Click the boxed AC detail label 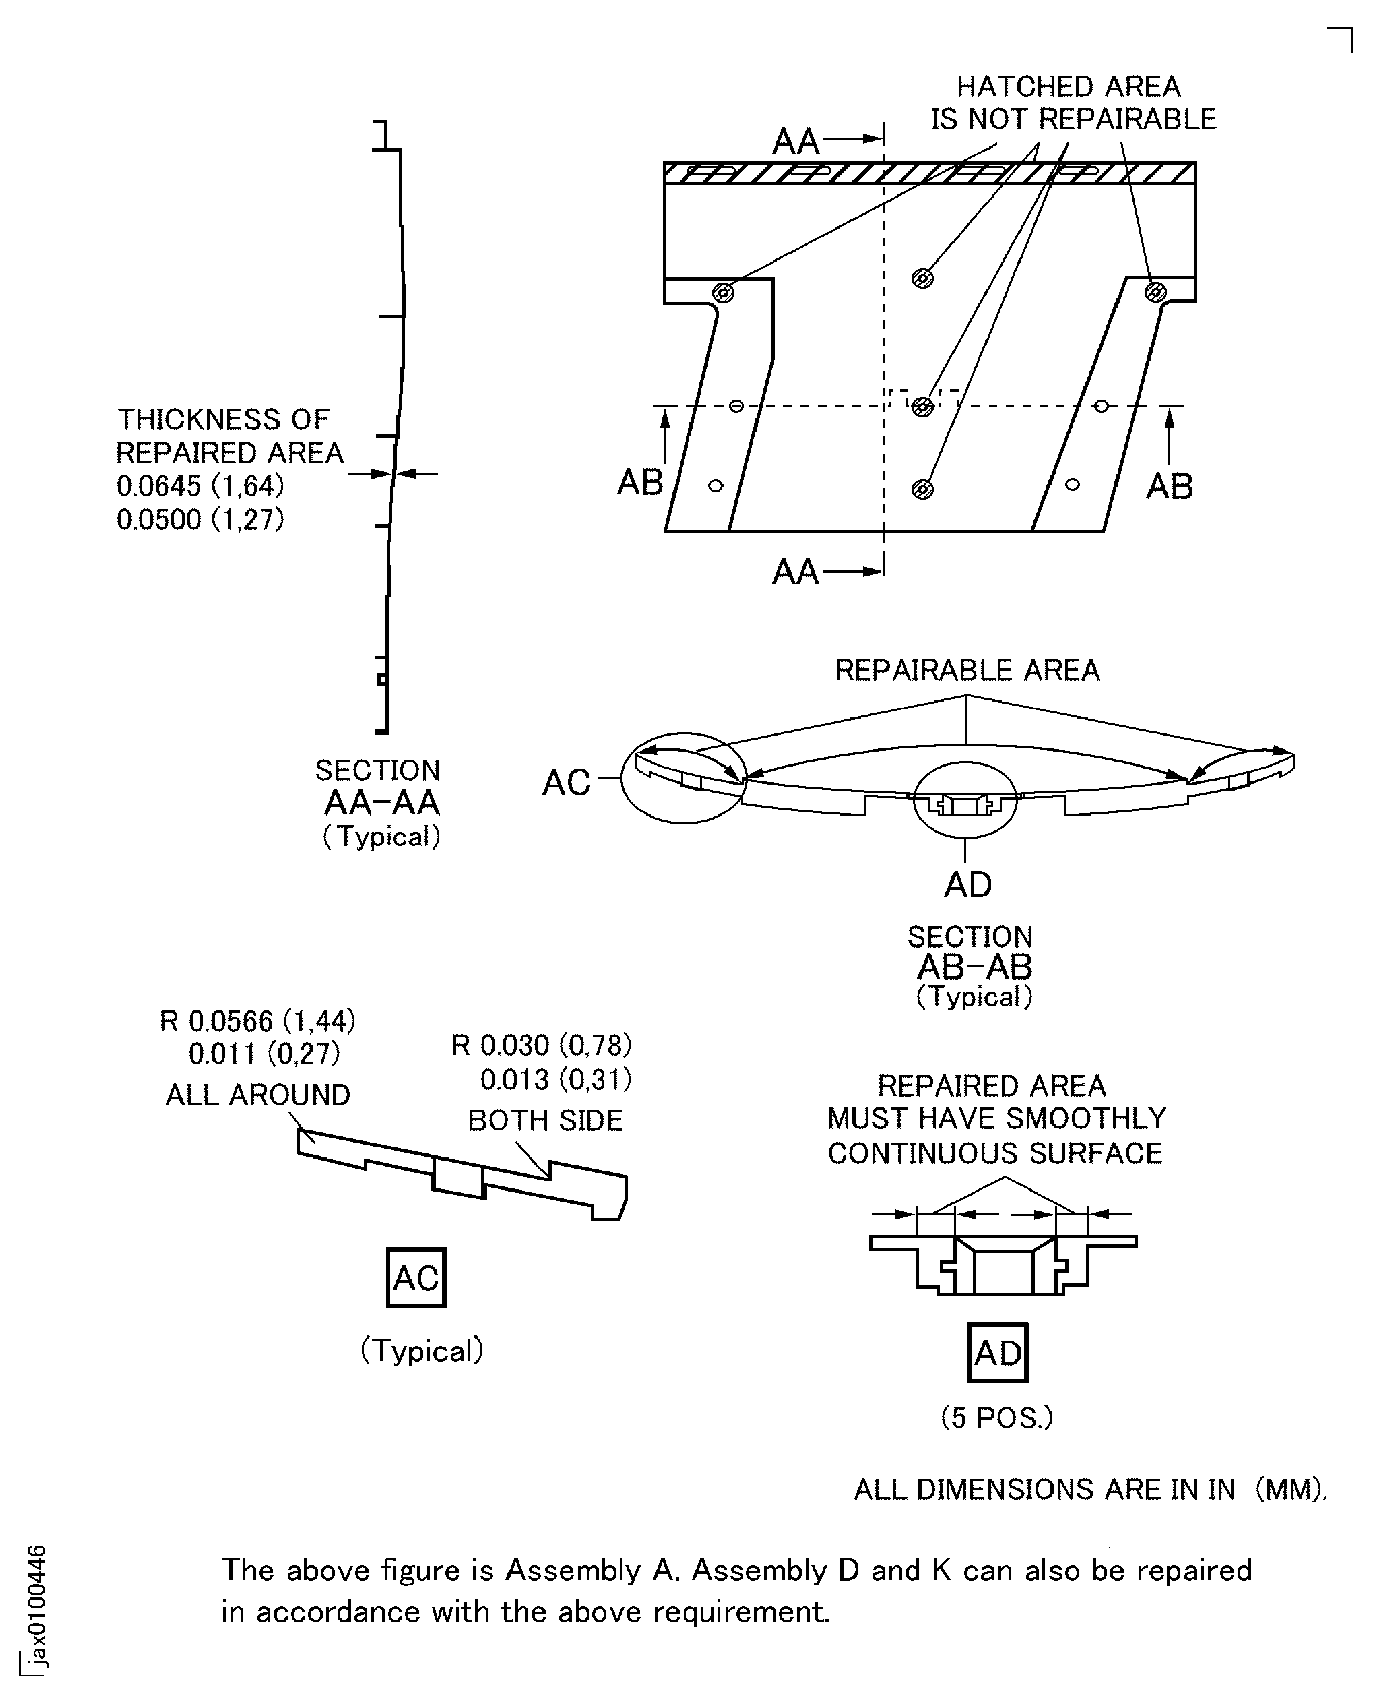(x=416, y=1278)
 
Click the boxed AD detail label (x=998, y=1352)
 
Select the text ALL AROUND (x=257, y=1095)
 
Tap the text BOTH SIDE (x=545, y=1120)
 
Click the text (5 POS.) (x=997, y=1417)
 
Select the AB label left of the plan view (x=640, y=482)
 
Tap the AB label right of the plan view (x=1170, y=486)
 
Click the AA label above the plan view (x=796, y=141)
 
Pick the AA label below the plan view (x=796, y=572)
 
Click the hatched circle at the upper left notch (x=722, y=292)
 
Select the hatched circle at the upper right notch (x=1156, y=292)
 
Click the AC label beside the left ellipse (x=566, y=782)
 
